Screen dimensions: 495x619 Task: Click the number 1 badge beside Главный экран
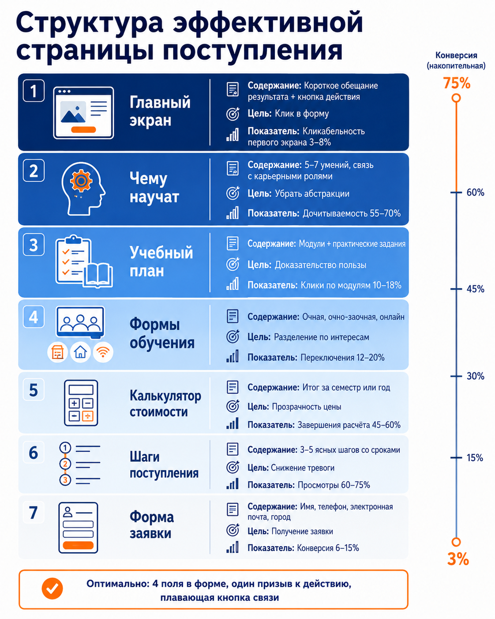[x=34, y=91]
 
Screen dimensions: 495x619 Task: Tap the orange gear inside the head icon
[x=81, y=181]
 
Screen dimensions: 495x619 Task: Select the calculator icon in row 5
[x=81, y=403]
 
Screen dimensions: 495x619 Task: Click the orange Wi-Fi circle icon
[x=103, y=352]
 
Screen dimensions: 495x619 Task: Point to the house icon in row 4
[x=80, y=352]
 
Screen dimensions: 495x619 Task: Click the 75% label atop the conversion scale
[x=457, y=83]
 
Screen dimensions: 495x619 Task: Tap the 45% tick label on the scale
[x=475, y=289]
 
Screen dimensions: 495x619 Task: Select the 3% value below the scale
[x=458, y=559]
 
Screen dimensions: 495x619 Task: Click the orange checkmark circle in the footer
[x=52, y=589]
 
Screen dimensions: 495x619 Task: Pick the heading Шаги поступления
[x=164, y=465]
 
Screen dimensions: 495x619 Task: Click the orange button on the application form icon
[x=78, y=545]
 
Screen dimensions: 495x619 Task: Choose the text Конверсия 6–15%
[x=328, y=548]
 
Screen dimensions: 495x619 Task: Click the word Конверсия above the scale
[x=456, y=55]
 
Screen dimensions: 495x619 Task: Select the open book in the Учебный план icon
[x=98, y=275]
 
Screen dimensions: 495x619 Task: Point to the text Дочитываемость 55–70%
[x=352, y=213]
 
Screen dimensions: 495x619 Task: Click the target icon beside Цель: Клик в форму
[x=232, y=114]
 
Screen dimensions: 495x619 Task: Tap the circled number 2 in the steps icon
[x=65, y=464]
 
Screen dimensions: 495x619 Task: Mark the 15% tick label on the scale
[x=475, y=458]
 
